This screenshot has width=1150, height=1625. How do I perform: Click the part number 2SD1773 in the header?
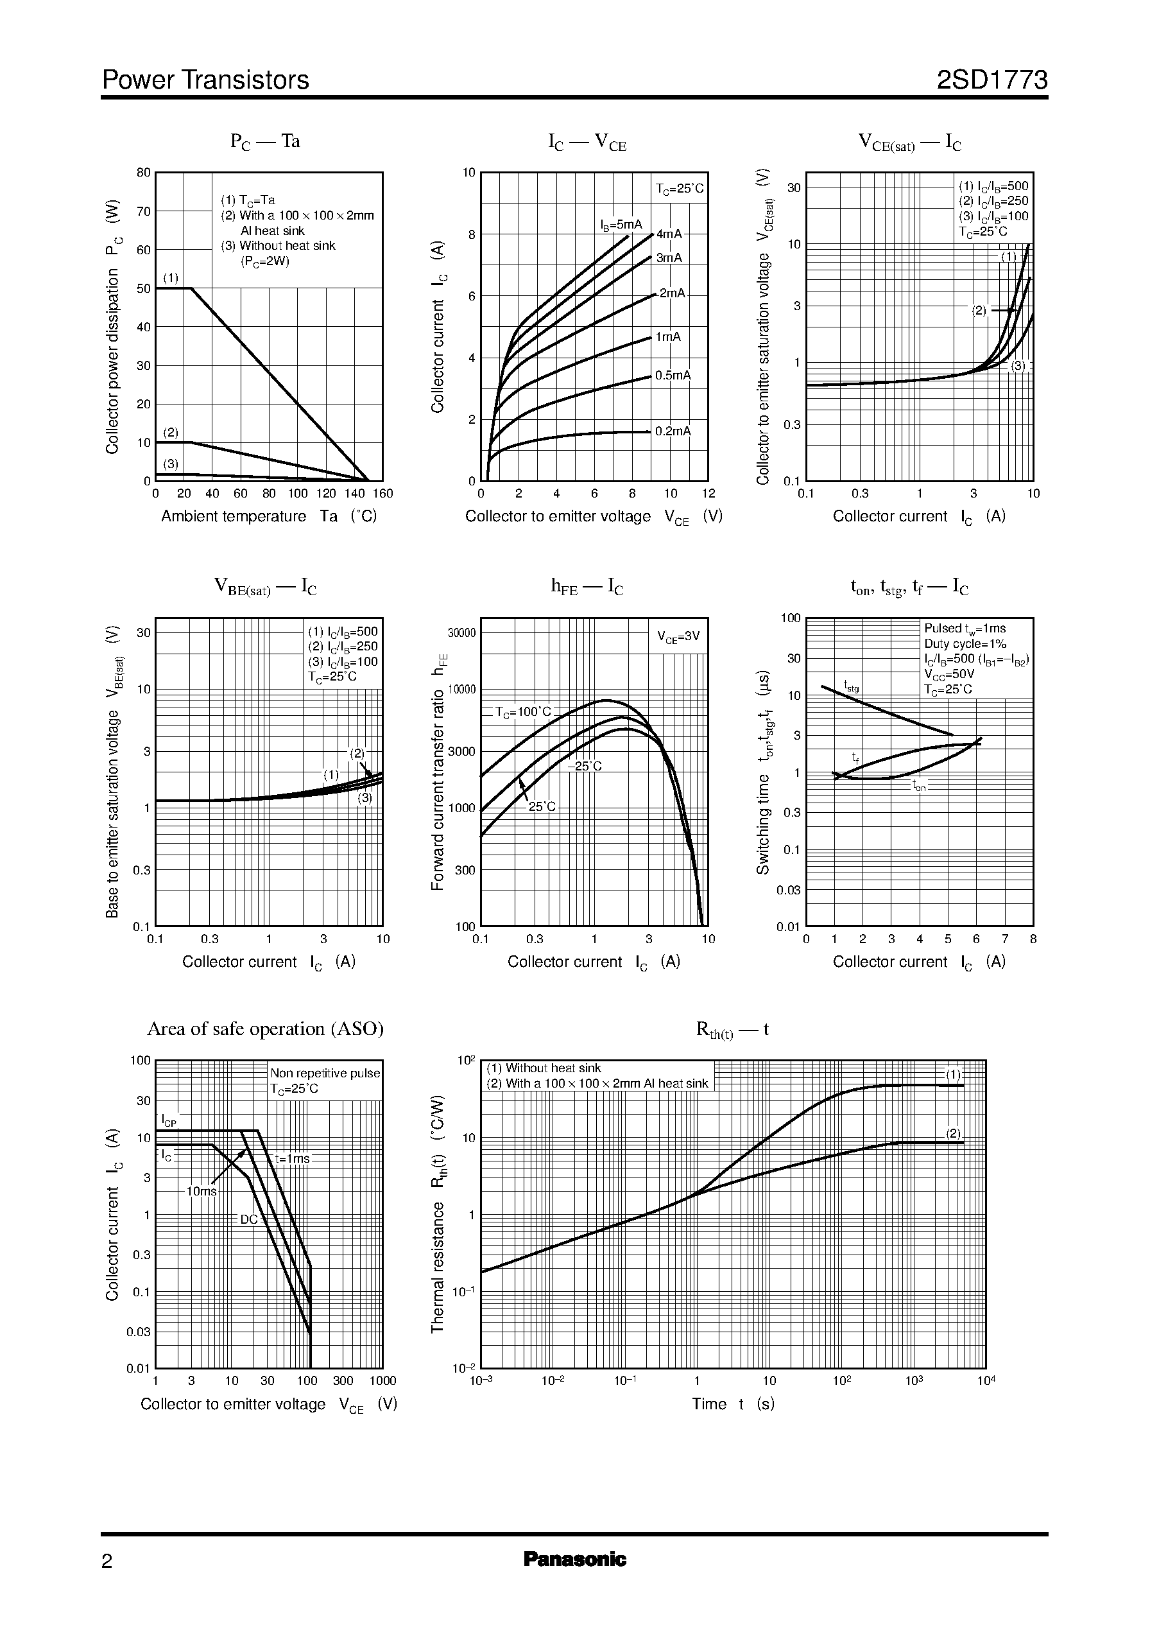(991, 80)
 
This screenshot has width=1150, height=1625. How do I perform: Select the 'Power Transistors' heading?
(205, 80)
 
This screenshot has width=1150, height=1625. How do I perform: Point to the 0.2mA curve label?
(673, 431)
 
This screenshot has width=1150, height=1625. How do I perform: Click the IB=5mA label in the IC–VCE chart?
(621, 225)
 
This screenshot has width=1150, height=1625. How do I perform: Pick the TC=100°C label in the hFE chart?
(522, 712)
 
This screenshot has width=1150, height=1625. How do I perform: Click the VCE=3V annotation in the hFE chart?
(678, 637)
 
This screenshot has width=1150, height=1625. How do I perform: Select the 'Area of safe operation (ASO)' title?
(265, 1029)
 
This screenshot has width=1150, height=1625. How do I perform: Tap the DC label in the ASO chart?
(249, 1220)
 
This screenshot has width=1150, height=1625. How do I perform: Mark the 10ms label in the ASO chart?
(201, 1192)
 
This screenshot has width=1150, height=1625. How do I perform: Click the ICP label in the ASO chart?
(169, 1120)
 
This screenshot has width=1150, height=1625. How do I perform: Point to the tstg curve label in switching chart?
(851, 686)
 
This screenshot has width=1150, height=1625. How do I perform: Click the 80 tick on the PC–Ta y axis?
(144, 173)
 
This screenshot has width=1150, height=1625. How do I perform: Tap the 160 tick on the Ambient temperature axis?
(382, 494)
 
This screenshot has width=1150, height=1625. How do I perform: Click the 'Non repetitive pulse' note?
(325, 1073)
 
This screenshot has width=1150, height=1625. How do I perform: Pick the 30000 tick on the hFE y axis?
(461, 633)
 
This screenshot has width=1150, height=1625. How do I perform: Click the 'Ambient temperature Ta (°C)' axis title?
(268, 516)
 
